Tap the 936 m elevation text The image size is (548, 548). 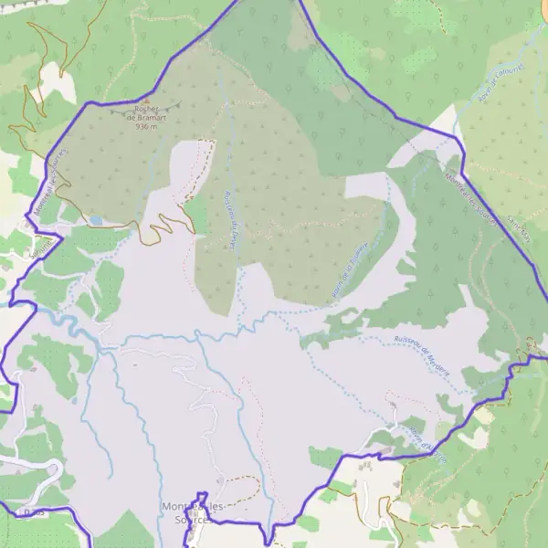(146, 127)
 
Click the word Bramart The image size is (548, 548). (152, 118)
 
